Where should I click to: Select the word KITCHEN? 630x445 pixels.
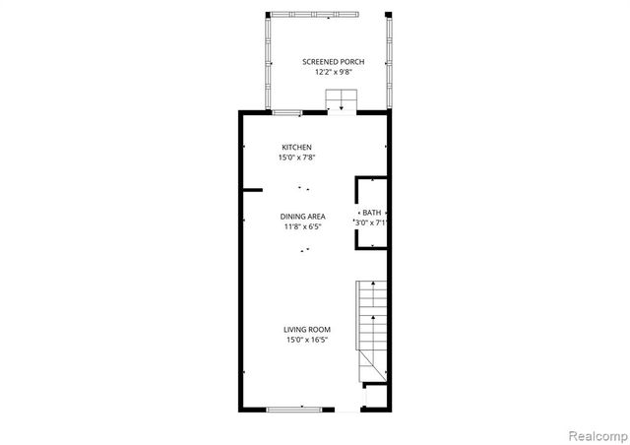[296, 147]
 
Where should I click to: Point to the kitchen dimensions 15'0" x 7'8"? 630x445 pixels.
[296, 157]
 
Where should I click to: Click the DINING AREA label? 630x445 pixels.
[303, 217]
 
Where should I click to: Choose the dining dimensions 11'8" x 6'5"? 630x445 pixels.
[303, 226]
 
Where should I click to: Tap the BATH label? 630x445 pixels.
[371, 213]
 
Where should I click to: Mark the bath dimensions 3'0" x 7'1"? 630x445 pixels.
[371, 223]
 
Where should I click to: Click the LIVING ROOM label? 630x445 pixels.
[307, 330]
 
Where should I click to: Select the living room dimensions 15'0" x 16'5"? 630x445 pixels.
[307, 341]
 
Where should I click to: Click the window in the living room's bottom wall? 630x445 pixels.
[293, 409]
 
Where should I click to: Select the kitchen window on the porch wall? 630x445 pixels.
[286, 112]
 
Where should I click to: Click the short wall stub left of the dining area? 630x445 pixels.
[252, 189]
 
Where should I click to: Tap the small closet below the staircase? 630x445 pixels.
[374, 397]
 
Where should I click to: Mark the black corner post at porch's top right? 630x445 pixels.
[389, 14]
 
